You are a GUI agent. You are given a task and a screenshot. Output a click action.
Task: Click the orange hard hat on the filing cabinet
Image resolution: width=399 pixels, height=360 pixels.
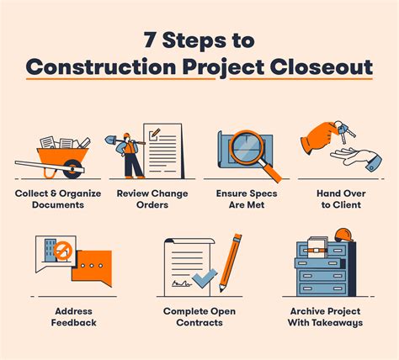click(x=342, y=236)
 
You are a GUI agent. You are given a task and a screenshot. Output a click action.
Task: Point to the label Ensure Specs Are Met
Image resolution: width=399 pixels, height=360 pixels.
click(x=249, y=199)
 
